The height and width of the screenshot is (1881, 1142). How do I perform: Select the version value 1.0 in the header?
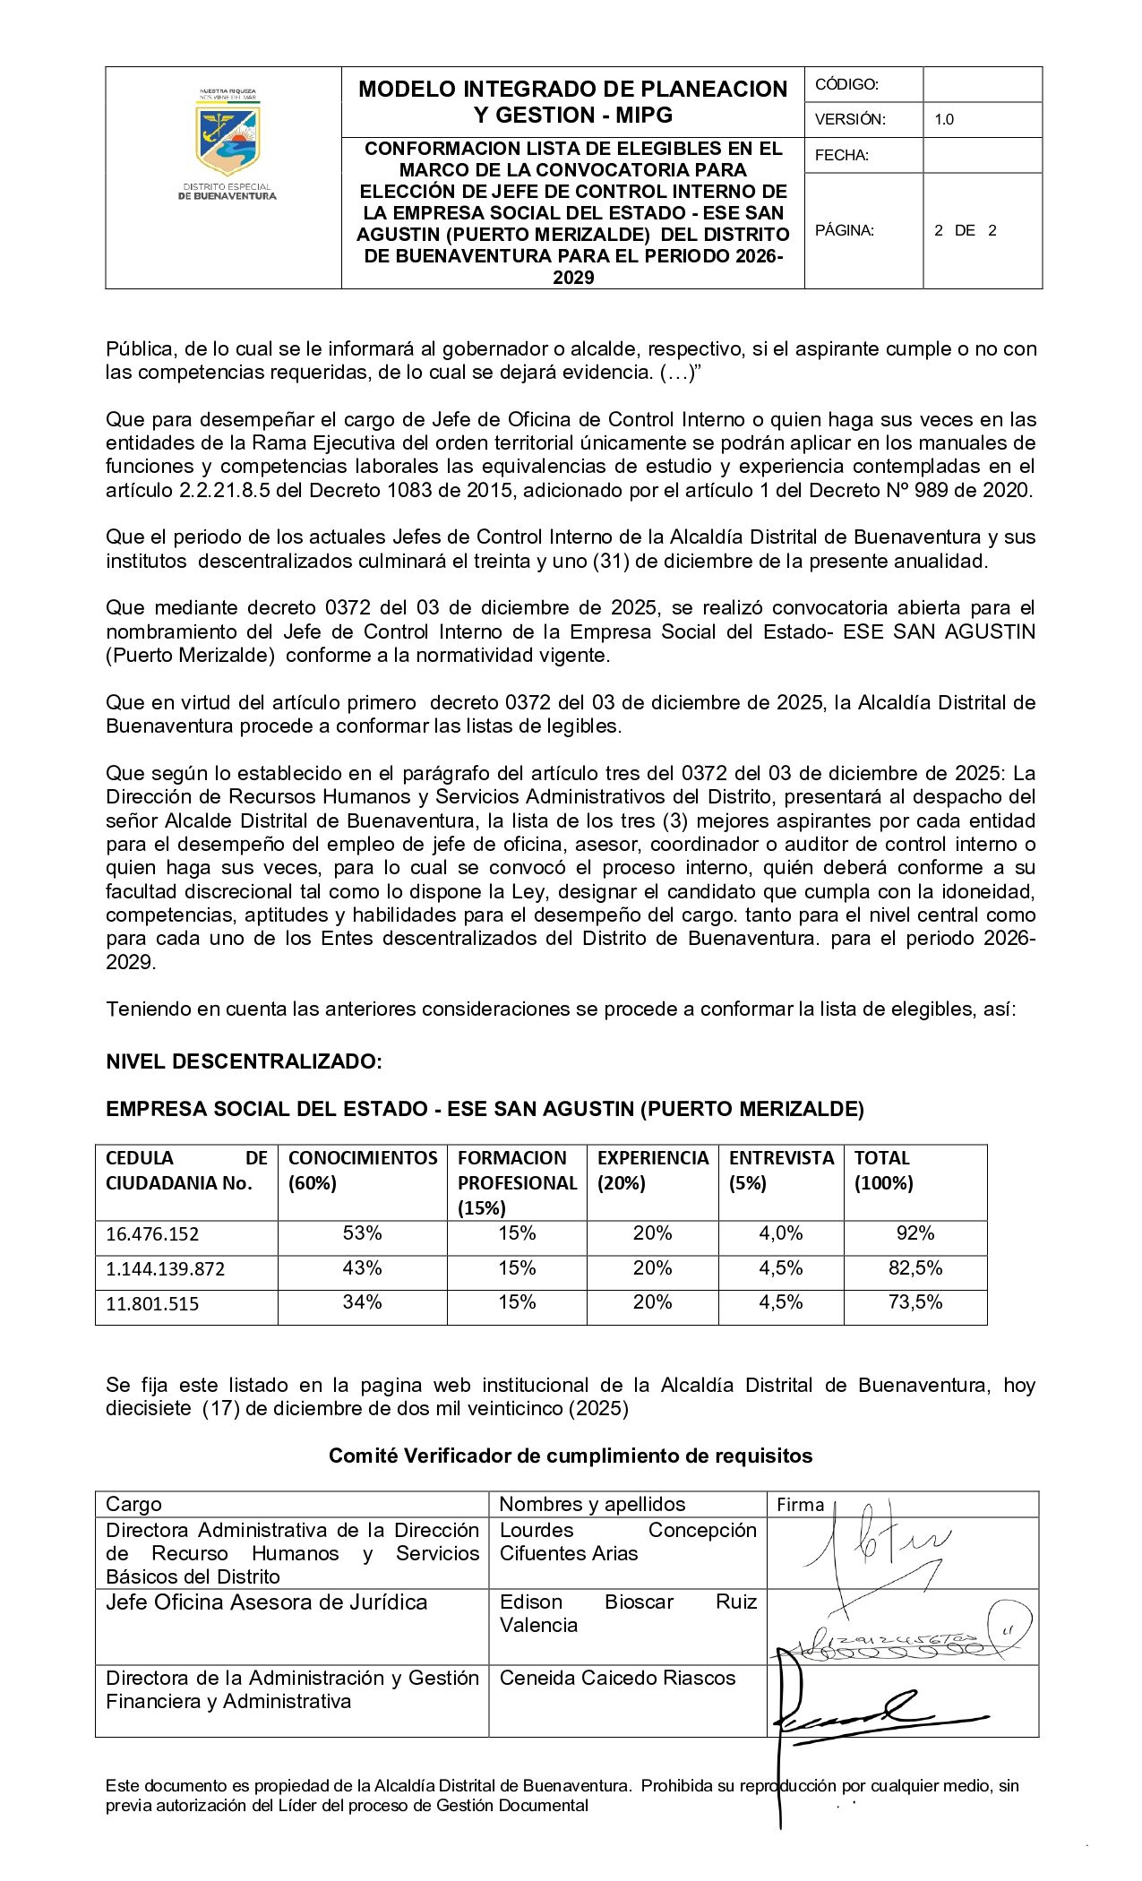944,119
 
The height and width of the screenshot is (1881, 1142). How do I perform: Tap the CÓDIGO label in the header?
846,84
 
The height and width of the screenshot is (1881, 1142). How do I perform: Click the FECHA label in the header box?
842,155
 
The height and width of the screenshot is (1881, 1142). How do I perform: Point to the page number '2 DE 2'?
965,230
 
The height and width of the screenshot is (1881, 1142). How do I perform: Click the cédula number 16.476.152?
152,1233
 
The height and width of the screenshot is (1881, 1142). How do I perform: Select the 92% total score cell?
915,1233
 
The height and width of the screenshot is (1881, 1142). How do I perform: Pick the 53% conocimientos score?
362,1233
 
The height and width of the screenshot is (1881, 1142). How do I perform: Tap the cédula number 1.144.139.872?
165,1268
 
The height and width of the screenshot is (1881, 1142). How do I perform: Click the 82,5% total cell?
915,1268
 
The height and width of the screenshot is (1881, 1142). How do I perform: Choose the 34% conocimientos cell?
362,1302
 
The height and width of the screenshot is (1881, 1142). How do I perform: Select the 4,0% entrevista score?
780,1233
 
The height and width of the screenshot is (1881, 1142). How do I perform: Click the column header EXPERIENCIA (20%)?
653,1170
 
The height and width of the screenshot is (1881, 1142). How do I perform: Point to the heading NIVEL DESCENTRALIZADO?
244,1061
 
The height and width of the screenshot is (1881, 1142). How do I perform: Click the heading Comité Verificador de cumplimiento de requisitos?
571,1456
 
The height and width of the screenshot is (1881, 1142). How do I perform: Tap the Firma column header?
800,1505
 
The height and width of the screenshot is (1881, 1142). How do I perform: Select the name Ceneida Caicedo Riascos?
617,1678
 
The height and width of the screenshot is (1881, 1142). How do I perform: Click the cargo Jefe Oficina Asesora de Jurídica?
267,1602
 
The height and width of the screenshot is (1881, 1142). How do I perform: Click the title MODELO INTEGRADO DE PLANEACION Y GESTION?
572,101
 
